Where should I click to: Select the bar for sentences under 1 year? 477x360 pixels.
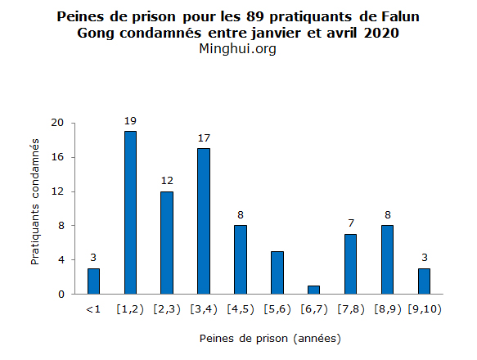93,281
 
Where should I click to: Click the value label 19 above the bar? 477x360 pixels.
130,121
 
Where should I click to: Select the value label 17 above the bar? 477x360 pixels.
204,138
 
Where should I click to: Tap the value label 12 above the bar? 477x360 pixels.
167,181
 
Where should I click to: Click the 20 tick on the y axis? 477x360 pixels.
56,123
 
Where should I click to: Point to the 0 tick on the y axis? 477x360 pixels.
60,294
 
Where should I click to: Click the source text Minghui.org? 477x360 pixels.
238,49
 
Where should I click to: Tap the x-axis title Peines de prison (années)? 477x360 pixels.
270,337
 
